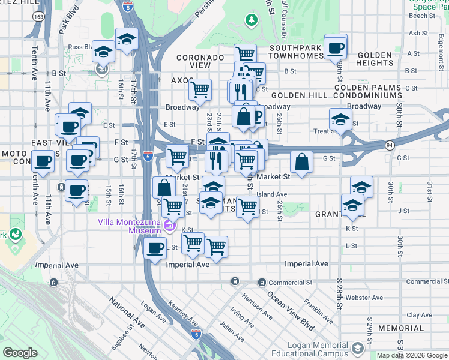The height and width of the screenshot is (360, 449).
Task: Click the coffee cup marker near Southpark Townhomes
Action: click(335, 47)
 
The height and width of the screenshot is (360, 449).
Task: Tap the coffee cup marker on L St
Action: click(155, 248)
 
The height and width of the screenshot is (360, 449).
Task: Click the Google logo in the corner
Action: click(20, 353)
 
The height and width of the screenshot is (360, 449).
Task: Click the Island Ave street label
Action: click(271, 194)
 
